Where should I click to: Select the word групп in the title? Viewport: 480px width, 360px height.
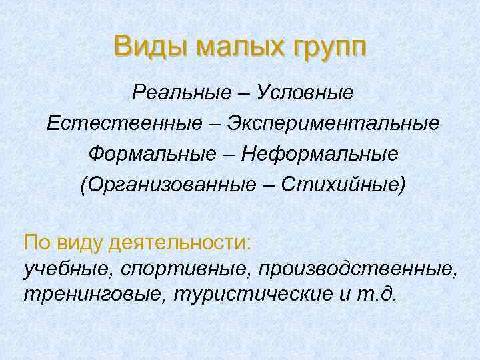click(325, 48)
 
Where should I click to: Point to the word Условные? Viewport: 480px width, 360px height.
click(307, 93)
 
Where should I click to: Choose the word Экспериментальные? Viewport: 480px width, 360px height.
click(334, 123)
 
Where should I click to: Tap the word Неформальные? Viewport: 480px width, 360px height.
click(320, 154)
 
